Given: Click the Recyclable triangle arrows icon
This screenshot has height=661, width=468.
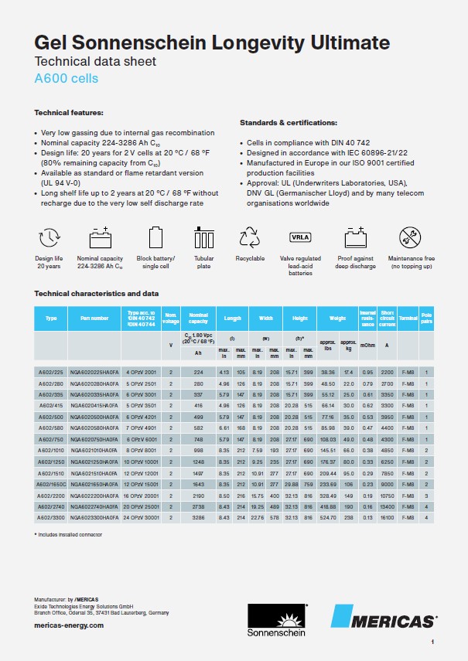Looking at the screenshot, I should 250,237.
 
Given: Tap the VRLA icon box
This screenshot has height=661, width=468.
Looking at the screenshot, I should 299,237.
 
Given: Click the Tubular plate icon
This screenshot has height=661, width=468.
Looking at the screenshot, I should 204,237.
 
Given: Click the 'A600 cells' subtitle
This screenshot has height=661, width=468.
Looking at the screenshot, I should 67,78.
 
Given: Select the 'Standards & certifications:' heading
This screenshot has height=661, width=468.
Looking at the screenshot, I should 288,123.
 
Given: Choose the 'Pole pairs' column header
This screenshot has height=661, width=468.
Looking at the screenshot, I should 447,317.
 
